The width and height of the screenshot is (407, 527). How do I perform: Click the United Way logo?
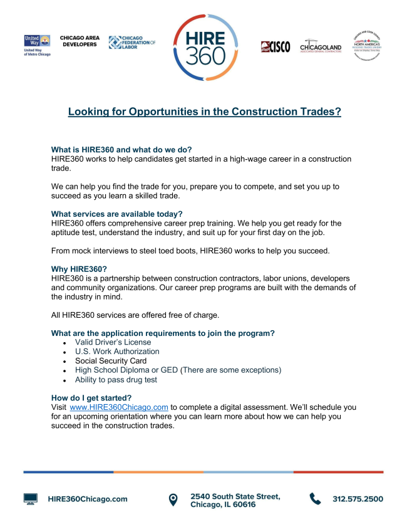click(x=36, y=45)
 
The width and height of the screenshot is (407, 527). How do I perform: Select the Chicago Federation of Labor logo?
click(x=131, y=42)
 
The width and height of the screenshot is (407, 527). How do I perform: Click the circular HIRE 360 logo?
click(x=205, y=48)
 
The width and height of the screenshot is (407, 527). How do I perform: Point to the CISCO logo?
click(x=276, y=47)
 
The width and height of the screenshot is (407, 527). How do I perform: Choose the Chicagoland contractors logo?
click(x=321, y=46)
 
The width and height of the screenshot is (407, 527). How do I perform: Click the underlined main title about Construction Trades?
click(x=204, y=112)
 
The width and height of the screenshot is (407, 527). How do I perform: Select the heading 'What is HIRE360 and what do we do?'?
click(x=121, y=150)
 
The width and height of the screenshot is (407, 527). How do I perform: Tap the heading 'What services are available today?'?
click(x=116, y=214)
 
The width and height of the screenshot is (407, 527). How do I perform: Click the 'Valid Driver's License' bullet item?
click(x=113, y=342)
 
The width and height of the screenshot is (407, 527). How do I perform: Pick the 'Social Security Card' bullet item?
click(x=111, y=361)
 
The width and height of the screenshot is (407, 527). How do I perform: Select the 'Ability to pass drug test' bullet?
click(x=116, y=380)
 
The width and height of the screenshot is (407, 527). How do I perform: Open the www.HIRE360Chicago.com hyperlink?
click(x=119, y=407)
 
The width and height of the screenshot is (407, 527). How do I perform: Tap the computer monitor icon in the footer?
click(x=31, y=499)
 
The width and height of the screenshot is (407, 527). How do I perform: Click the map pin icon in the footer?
click(x=173, y=499)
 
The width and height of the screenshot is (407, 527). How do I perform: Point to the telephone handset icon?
click(x=315, y=499)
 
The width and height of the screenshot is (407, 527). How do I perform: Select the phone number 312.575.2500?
click(x=358, y=499)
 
